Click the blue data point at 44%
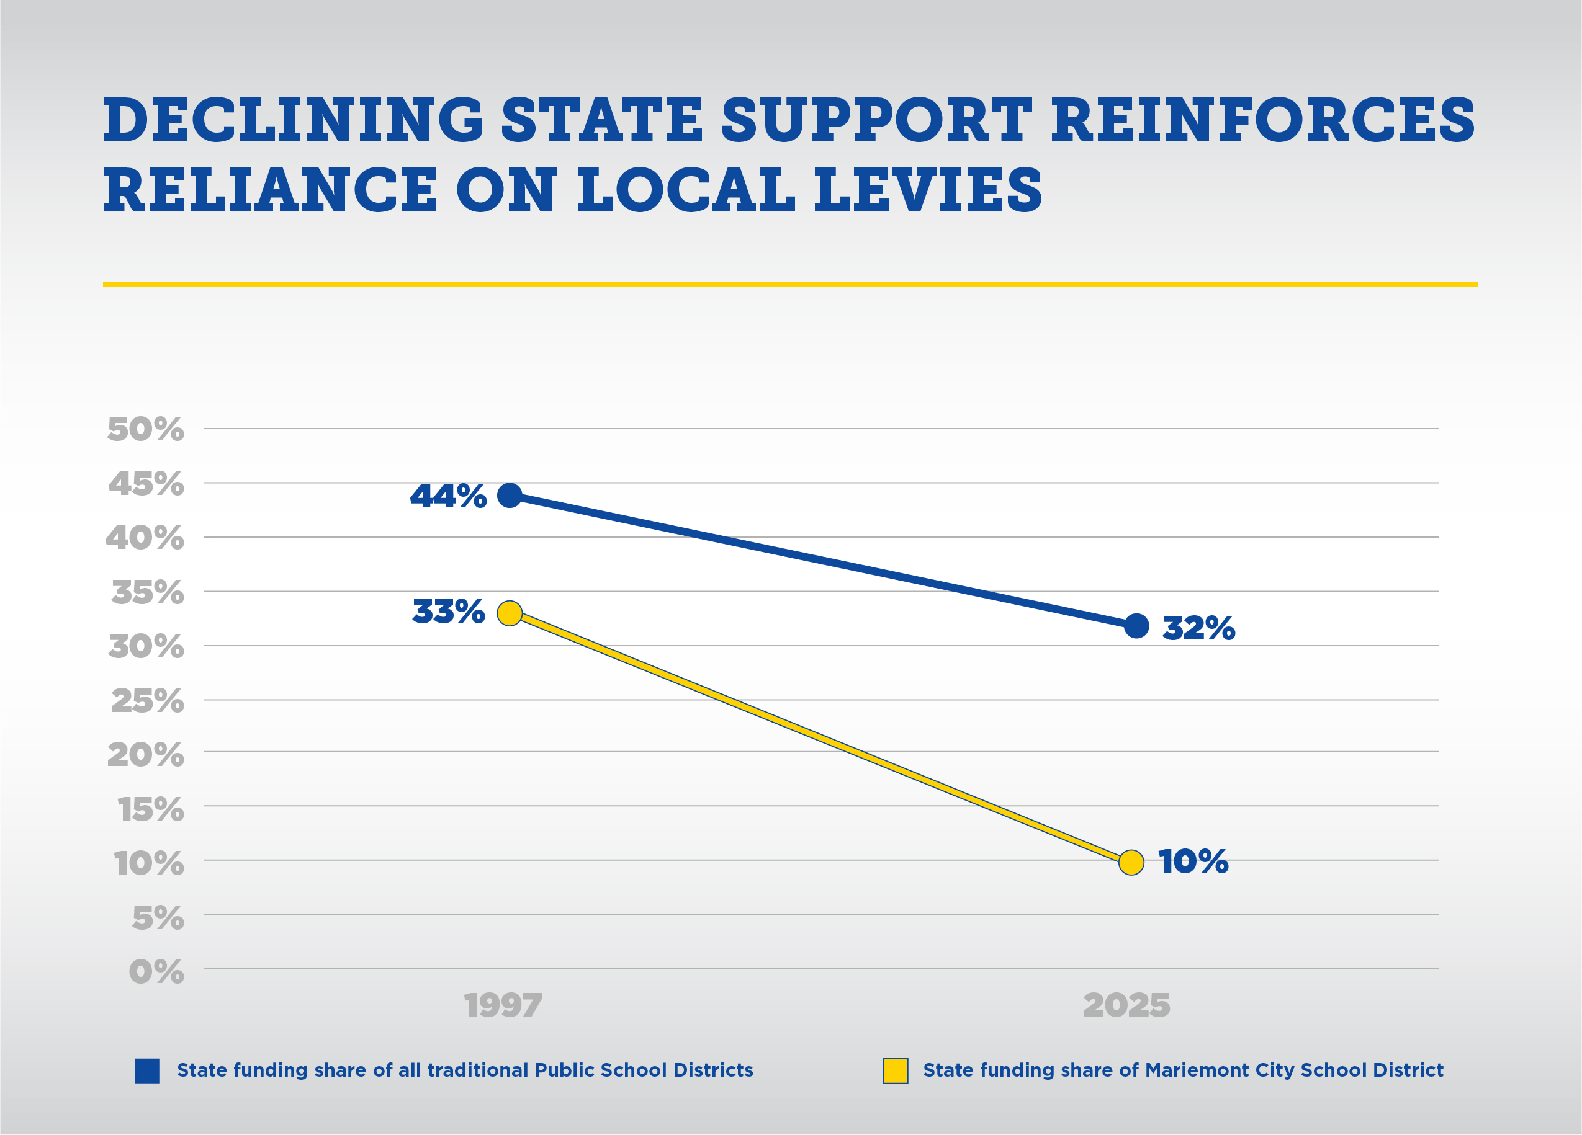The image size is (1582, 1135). pos(510,495)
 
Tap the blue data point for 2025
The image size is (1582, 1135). pos(1136,625)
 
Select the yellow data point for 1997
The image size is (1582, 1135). pos(510,613)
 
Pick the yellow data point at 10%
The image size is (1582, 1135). pos(1131,862)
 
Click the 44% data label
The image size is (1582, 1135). pos(448,496)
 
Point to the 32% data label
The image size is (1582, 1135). pos(1198,628)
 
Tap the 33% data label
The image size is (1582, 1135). pos(448,612)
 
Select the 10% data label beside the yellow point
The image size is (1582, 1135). pos(1193,861)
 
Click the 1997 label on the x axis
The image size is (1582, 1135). pos(503,1005)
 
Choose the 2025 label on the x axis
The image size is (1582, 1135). pos(1126,1005)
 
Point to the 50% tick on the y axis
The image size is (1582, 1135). pos(145,429)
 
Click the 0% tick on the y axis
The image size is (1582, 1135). pos(156,971)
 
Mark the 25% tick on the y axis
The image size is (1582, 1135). pos(147,701)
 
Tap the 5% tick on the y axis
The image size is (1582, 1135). pos(158,917)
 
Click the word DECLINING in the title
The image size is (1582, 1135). pos(293,120)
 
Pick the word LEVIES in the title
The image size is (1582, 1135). pos(928,190)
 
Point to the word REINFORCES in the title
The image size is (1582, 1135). pos(1263,120)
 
